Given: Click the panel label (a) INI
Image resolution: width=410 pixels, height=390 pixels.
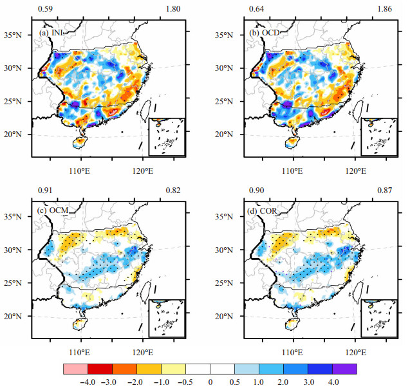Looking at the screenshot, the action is click(51, 33).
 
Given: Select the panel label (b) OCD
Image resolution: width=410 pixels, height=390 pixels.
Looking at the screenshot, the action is click(265, 33).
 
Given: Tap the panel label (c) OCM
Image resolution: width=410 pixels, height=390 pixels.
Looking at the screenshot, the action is click(53, 210).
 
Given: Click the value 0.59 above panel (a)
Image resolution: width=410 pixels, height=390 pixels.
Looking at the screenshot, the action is click(45, 9).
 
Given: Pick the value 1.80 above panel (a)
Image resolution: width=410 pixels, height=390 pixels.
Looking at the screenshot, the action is click(173, 9).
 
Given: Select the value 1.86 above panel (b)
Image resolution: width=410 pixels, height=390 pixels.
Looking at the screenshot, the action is click(385, 9).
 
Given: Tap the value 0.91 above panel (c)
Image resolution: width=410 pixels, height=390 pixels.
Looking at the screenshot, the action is click(45, 190).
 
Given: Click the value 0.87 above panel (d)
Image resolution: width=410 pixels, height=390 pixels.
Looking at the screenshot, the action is click(385, 190).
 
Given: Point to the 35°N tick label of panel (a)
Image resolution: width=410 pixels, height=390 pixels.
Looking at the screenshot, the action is click(13, 35).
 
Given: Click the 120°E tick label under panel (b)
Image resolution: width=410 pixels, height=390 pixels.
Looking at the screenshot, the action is click(356, 171).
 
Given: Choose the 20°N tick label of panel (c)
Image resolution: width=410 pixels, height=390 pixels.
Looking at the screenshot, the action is click(13, 317).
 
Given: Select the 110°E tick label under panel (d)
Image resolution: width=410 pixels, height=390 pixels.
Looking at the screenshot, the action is click(292, 353).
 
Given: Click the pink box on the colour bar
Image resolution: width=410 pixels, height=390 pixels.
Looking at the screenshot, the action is click(75, 369).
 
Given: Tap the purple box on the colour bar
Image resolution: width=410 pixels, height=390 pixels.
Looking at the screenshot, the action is click(344, 369).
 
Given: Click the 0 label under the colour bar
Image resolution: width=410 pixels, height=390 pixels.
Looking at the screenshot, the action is click(210, 382).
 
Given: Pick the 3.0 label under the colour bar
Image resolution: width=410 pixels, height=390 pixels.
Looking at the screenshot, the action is click(308, 382).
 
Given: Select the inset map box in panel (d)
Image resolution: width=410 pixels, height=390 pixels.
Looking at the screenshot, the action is click(379, 318).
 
